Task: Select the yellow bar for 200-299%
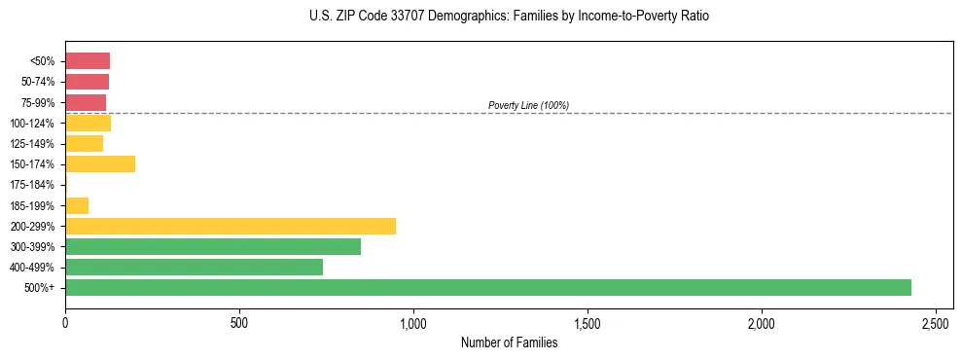[x=231, y=226]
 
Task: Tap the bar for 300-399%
[x=213, y=246]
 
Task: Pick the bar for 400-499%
[x=194, y=267]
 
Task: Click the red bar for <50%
[x=88, y=60]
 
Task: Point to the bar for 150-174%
[x=100, y=163]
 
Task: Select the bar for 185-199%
[x=77, y=205]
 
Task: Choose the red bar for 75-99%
[x=86, y=102]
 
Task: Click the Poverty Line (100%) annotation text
[x=528, y=105]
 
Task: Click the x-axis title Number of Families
[x=510, y=342]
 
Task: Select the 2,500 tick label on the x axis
[x=936, y=321]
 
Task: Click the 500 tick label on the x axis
[x=239, y=321]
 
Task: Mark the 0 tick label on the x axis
[x=65, y=321]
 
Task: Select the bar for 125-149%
[x=84, y=143]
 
